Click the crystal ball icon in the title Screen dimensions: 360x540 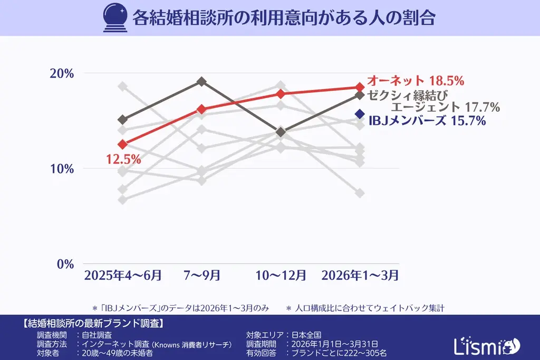tap(112, 17)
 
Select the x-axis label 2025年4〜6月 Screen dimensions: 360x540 tap(123, 275)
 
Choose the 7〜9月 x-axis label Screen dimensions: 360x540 tap(201, 275)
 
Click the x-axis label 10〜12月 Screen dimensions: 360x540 tap(281, 275)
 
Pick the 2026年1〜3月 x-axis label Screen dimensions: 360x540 tap(360, 275)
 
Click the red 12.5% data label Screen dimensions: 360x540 tap(123, 159)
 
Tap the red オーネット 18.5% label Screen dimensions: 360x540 tap(415, 81)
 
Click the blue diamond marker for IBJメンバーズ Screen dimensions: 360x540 tap(360, 114)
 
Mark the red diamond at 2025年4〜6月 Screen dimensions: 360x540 tap(123, 144)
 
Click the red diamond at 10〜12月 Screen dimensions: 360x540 tap(281, 94)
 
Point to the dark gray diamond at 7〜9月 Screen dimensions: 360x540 tap(201, 82)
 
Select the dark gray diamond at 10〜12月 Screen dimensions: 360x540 tap(281, 132)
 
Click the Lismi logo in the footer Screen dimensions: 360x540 tap(486, 345)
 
